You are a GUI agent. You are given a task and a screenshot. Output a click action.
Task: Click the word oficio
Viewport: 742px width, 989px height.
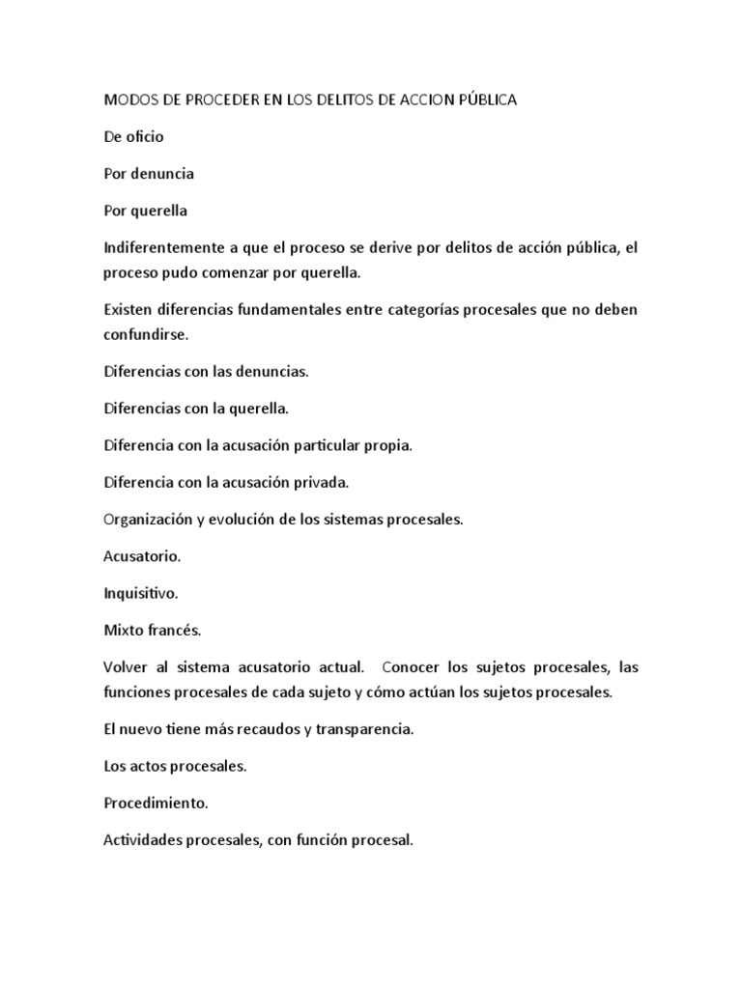click(x=145, y=136)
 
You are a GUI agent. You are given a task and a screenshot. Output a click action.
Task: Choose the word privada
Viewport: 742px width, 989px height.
click(x=319, y=482)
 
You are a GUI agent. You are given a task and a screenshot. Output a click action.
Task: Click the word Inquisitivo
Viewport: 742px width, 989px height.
click(x=139, y=593)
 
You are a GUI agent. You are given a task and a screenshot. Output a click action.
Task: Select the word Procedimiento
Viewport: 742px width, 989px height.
click(x=155, y=804)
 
